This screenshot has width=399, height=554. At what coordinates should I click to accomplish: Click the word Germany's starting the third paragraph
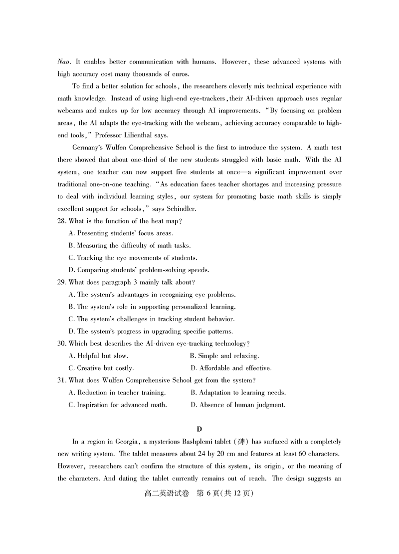coord(88,147)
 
